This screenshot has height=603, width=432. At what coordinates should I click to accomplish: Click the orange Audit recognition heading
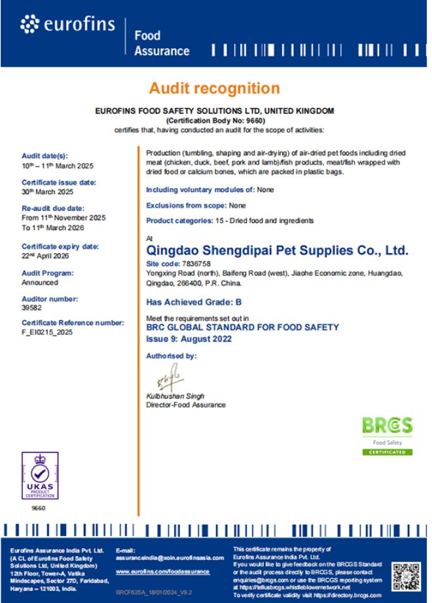(214, 88)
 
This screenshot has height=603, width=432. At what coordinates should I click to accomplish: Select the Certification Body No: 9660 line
(215, 121)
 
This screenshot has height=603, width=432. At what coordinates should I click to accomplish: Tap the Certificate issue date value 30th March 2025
(48, 192)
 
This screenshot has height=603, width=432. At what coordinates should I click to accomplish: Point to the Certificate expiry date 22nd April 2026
(46, 256)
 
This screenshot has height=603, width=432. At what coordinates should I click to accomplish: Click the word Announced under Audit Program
(40, 282)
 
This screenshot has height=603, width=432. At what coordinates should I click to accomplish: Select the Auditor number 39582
(31, 308)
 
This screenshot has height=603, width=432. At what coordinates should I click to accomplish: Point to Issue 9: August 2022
(189, 339)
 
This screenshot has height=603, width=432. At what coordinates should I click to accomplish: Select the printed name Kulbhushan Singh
(175, 397)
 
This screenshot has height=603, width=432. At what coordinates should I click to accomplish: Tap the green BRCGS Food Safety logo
(387, 435)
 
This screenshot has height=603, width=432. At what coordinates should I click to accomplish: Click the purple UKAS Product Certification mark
(40, 476)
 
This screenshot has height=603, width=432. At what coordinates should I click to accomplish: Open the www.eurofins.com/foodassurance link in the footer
(162, 572)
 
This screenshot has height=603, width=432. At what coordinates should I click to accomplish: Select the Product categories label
(179, 221)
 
